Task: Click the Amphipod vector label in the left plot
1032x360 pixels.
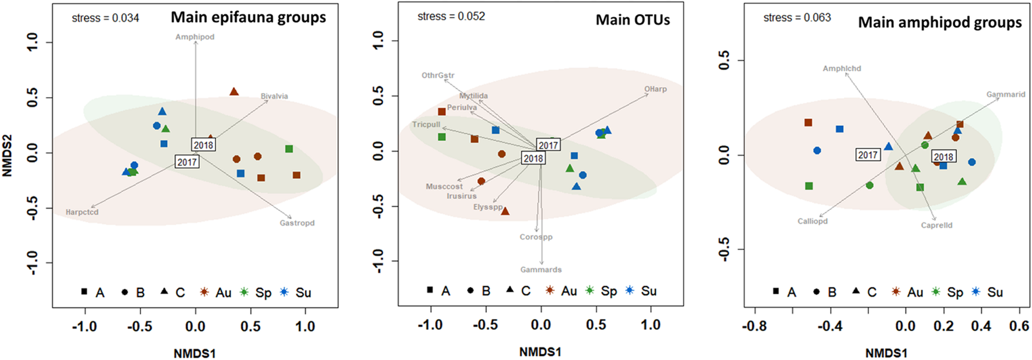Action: tap(195, 37)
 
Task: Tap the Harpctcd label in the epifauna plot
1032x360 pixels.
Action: tap(82, 212)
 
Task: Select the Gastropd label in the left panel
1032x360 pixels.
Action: tap(296, 223)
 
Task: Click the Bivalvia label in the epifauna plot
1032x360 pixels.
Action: tap(274, 96)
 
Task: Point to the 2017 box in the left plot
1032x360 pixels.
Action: tap(187, 162)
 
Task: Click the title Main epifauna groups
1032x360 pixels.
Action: tap(248, 17)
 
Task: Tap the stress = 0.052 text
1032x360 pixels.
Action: tap(451, 16)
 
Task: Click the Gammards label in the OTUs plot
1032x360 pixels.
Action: tap(540, 270)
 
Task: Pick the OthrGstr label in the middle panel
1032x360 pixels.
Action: tap(438, 75)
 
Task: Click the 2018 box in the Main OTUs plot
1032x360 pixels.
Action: tap(533, 158)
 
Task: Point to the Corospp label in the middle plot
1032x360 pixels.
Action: tap(536, 237)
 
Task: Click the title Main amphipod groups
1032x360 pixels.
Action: tap(939, 23)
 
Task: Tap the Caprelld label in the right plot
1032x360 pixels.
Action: tap(936, 225)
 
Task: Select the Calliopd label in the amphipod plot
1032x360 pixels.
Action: tap(812, 221)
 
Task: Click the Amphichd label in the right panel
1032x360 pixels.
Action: tap(842, 68)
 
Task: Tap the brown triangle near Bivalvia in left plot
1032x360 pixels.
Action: tap(234, 92)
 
